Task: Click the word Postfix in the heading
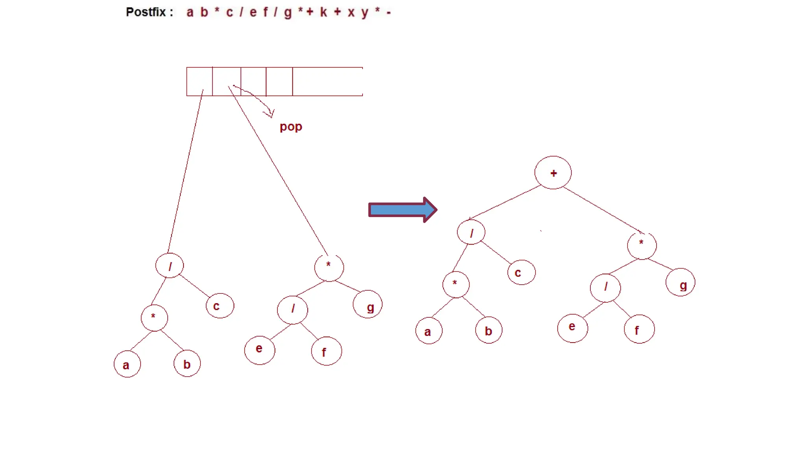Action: pos(146,12)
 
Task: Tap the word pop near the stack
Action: pos(291,127)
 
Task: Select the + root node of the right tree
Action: pos(553,173)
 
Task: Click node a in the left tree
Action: pos(127,364)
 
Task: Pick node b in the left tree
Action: pos(187,363)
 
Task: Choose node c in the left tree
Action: pos(220,306)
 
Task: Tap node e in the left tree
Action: pos(259,349)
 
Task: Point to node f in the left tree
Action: pos(326,351)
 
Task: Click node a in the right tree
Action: pos(429,331)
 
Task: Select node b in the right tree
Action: pos(488,330)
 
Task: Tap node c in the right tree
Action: pos(521,272)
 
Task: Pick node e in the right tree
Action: pos(573,328)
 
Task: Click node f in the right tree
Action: pos(639,329)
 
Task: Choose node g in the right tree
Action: pos(680,282)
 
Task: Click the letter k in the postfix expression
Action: pos(324,12)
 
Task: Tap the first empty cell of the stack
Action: pos(199,81)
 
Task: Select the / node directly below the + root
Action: pos(471,232)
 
